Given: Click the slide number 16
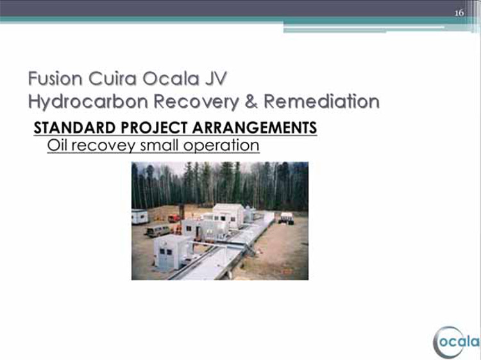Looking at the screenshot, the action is (x=459, y=13).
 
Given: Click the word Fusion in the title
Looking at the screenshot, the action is (x=55, y=78).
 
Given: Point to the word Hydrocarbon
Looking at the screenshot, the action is (x=89, y=102).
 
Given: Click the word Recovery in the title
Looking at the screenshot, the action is (x=196, y=102).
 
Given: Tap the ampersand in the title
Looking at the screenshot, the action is (x=251, y=101).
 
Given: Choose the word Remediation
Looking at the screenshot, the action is (x=321, y=101).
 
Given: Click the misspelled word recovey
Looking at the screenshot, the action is (x=104, y=146).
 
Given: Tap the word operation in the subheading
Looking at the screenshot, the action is (x=221, y=146).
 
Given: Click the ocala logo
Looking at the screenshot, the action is (x=456, y=342).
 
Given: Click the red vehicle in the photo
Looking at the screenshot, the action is (x=174, y=218).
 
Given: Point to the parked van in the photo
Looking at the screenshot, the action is (x=158, y=231).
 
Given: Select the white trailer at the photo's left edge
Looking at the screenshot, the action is (x=140, y=217).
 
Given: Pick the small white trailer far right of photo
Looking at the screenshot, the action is (x=286, y=218).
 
